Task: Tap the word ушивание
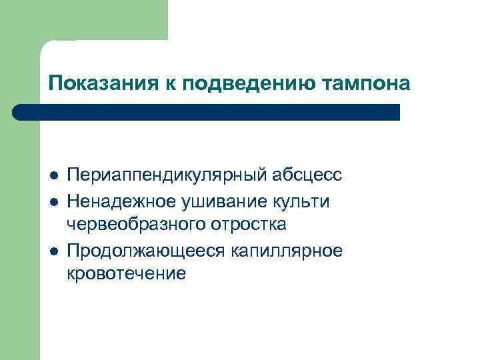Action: pos(215,200)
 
